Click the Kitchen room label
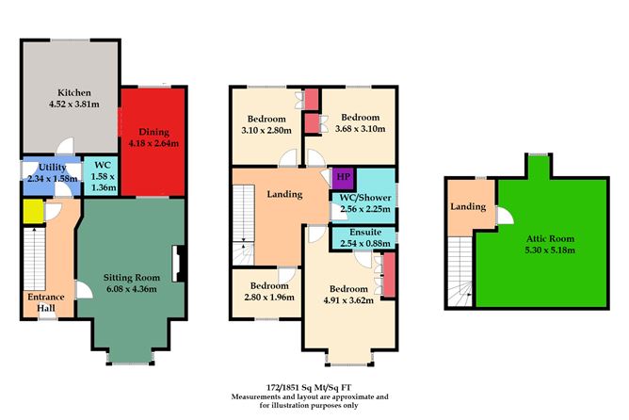(73, 92)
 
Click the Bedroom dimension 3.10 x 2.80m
(266, 131)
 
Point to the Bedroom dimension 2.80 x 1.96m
(264, 298)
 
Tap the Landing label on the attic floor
(468, 206)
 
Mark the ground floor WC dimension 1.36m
(99, 187)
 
